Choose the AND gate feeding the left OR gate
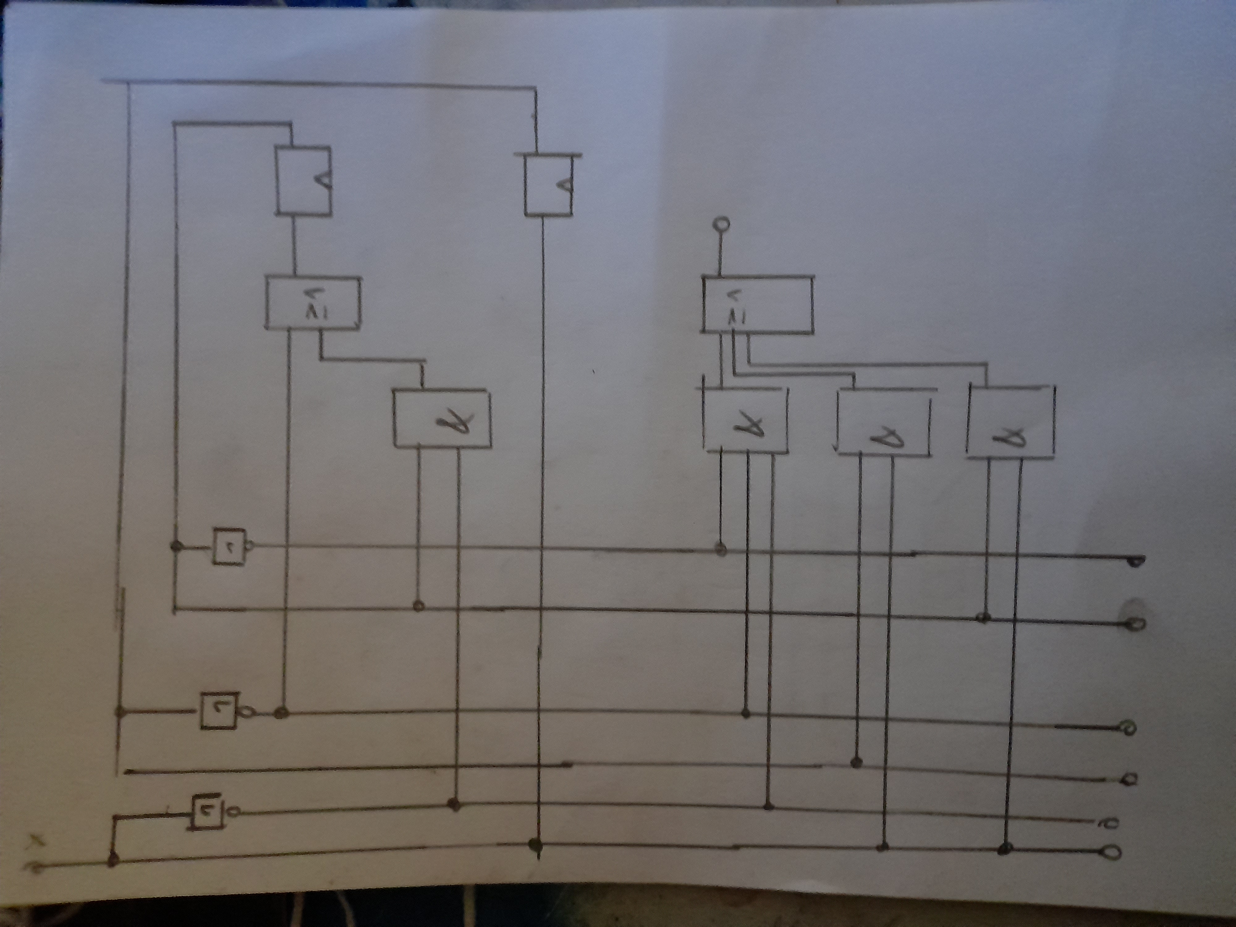pyautogui.click(x=442, y=418)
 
